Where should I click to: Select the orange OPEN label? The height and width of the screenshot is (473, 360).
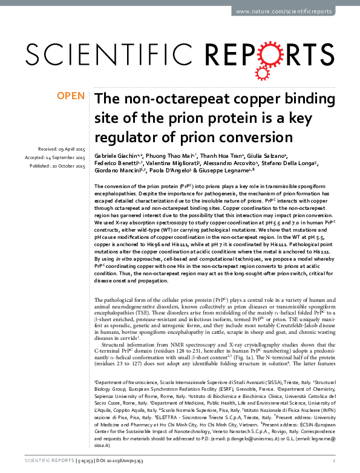click(71, 96)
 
